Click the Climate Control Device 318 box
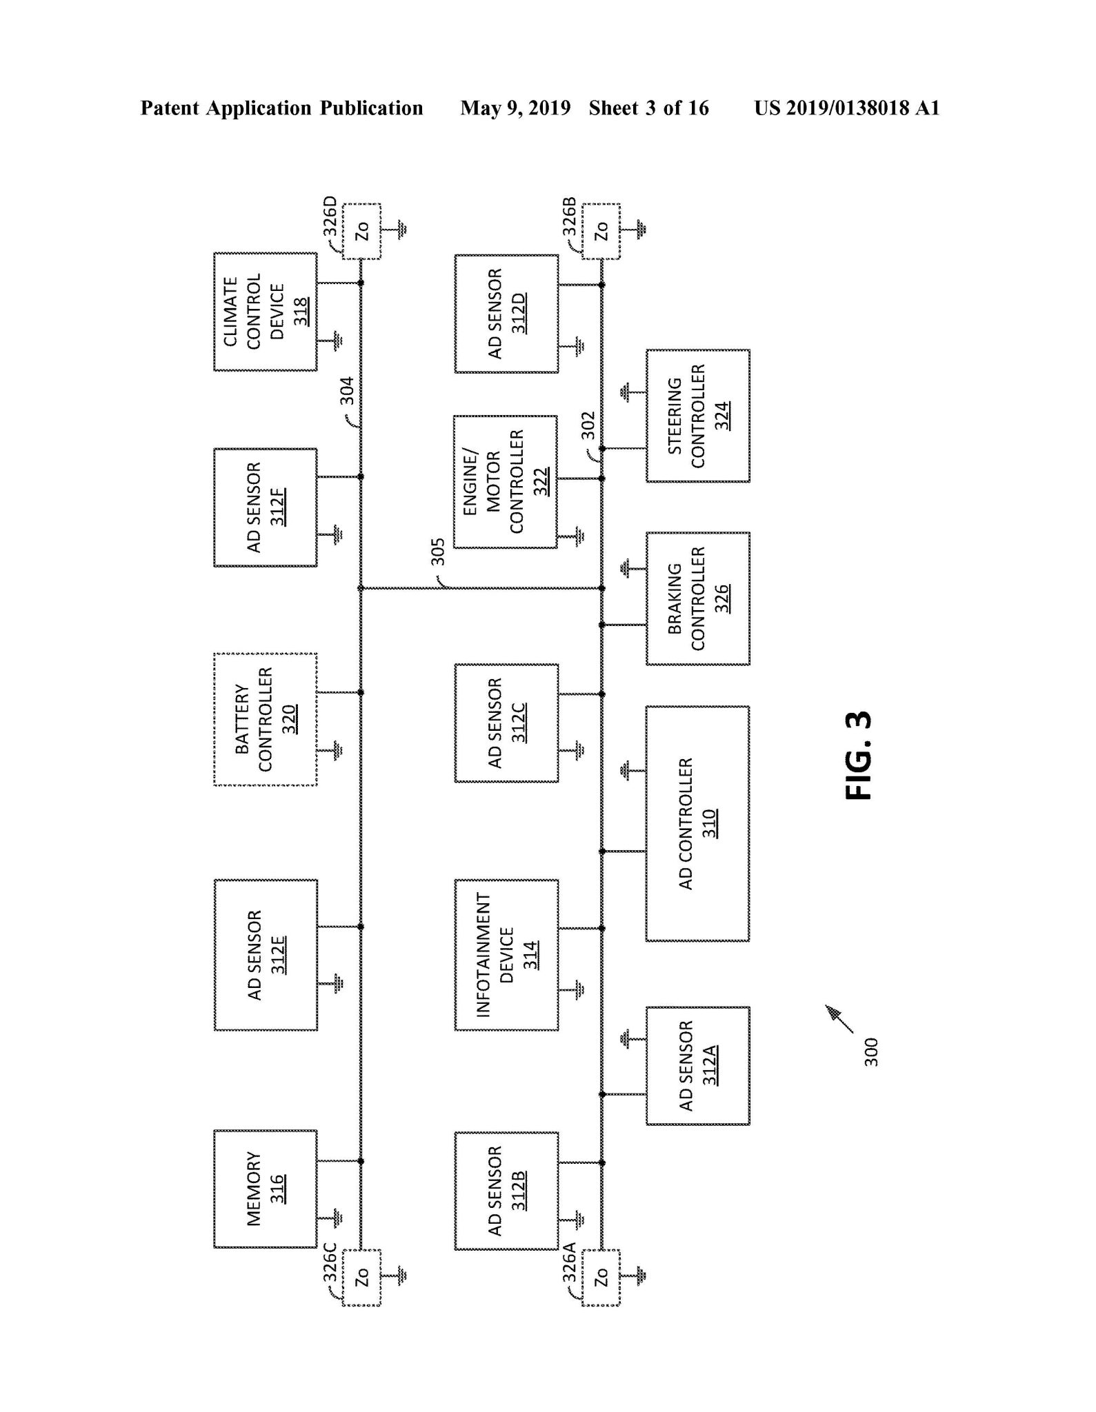point(266,312)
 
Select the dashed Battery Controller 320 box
point(266,719)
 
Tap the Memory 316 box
point(266,1189)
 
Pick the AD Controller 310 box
point(697,823)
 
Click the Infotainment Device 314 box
point(506,955)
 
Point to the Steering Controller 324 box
point(697,416)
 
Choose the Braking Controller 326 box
point(697,598)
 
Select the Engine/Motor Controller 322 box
point(505,481)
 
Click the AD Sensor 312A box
point(697,1066)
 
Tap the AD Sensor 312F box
point(266,507)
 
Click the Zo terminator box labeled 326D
point(362,232)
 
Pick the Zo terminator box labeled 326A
point(601,1278)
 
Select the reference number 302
point(587,425)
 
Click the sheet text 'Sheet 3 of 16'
point(648,108)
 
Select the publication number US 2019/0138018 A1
point(846,108)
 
